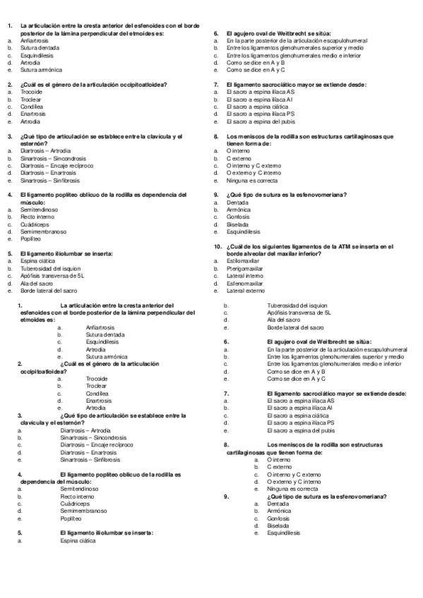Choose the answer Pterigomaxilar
pos(244,268)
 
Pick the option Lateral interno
pos(243,276)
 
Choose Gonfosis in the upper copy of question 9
pos(238,216)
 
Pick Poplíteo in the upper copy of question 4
pos(30,239)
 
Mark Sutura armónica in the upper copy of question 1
pos(41,70)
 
